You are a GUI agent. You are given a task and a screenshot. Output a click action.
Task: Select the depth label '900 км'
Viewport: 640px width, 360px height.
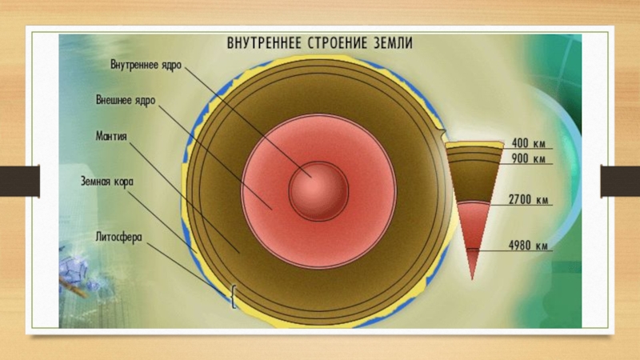527,159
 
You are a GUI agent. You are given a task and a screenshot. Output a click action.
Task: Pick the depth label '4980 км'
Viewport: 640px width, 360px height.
527,246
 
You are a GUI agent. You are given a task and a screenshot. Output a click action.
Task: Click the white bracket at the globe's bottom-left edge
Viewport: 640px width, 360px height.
233,298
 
